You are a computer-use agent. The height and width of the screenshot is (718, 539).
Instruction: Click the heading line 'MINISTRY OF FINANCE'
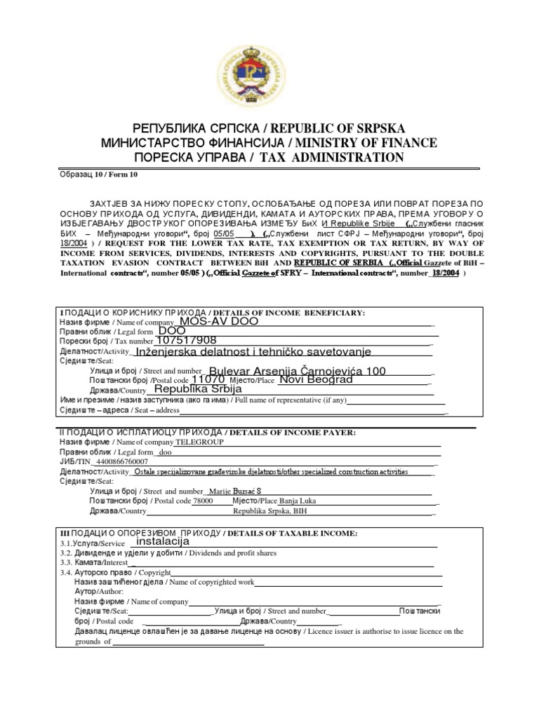(269, 143)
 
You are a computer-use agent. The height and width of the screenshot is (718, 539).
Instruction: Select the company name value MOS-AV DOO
(219, 321)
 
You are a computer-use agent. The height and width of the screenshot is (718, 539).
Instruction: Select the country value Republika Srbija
(198, 388)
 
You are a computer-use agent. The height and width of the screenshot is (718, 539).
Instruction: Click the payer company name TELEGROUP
(200, 442)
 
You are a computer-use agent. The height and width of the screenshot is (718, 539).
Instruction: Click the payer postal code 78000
(203, 501)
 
